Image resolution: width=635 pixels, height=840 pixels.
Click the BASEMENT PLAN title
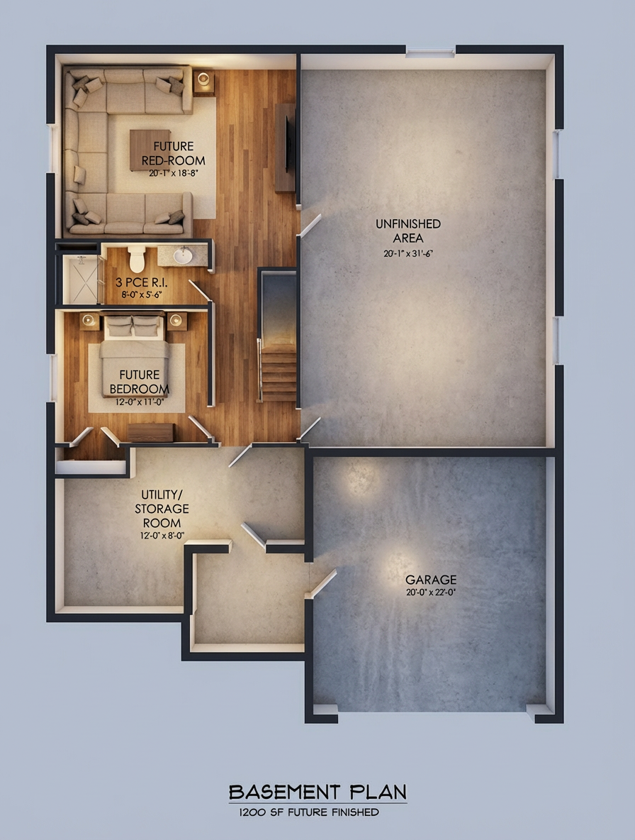click(317, 792)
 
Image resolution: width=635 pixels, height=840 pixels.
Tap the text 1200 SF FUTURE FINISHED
click(309, 812)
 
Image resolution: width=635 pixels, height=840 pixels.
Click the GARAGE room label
click(431, 580)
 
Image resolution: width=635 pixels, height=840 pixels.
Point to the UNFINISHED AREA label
click(408, 231)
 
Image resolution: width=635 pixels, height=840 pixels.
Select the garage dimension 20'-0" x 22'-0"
click(431, 592)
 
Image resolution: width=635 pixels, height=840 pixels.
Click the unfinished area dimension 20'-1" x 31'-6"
click(408, 253)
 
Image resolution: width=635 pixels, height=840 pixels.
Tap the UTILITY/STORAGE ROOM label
click(162, 509)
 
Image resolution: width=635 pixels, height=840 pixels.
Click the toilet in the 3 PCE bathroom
click(137, 258)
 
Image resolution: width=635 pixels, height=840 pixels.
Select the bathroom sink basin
click(183, 255)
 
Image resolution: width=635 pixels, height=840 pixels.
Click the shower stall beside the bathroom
click(80, 279)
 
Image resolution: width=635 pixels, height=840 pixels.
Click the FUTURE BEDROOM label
click(139, 382)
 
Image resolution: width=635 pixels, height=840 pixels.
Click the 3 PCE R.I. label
click(141, 282)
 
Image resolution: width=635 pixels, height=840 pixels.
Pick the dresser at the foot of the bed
click(151, 433)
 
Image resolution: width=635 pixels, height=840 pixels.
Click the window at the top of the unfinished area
click(430, 52)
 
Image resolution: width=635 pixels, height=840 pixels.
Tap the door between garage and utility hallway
click(321, 583)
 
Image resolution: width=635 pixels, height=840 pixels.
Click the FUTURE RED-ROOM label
click(174, 153)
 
